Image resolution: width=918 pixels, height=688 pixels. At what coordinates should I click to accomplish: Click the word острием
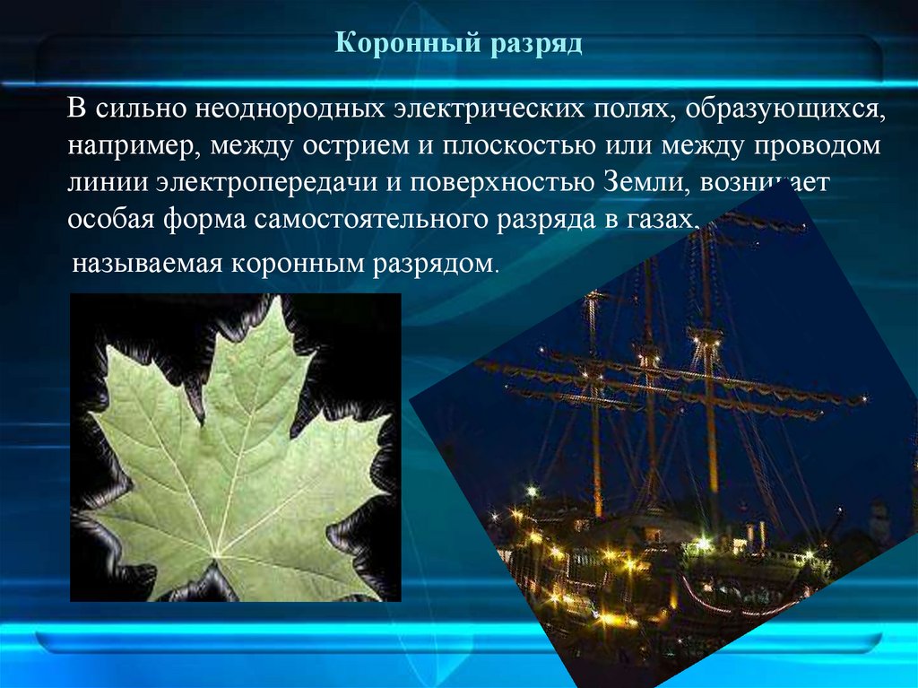pyautogui.click(x=322, y=147)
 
